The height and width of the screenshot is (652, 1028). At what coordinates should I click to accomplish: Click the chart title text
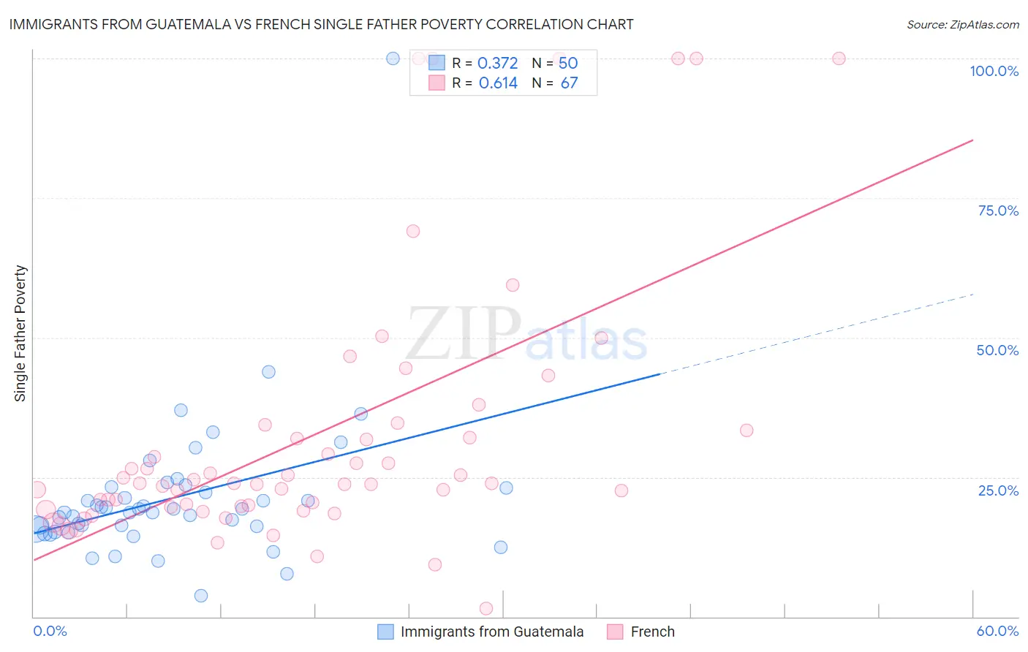(321, 24)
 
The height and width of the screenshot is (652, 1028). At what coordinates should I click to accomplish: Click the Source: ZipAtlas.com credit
(962, 24)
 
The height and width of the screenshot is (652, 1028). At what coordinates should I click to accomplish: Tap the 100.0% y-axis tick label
(994, 71)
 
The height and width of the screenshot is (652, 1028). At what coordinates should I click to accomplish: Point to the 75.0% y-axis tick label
(998, 211)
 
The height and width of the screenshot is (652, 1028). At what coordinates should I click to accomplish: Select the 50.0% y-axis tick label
(997, 350)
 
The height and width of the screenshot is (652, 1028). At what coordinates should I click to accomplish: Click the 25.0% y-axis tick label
(998, 490)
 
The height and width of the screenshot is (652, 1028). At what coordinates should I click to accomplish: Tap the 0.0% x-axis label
(50, 631)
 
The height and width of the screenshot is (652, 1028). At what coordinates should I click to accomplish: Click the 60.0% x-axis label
(997, 631)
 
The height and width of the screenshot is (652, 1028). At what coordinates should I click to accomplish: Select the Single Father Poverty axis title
(20, 333)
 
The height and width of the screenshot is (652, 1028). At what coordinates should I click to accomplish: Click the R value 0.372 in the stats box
(497, 63)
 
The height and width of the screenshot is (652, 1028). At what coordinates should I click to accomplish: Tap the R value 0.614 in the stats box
(498, 83)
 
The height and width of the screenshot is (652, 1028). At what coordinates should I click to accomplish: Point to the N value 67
(569, 83)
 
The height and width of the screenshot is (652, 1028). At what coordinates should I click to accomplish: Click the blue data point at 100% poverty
(393, 58)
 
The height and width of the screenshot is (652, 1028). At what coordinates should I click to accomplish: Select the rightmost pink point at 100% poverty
(839, 58)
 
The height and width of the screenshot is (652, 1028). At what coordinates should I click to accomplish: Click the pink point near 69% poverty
(413, 231)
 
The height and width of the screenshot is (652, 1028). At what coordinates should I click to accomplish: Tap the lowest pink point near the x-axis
(486, 608)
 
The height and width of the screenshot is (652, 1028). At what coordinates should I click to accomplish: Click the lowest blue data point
(201, 596)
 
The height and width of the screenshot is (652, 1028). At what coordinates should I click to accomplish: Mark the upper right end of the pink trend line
(972, 140)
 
